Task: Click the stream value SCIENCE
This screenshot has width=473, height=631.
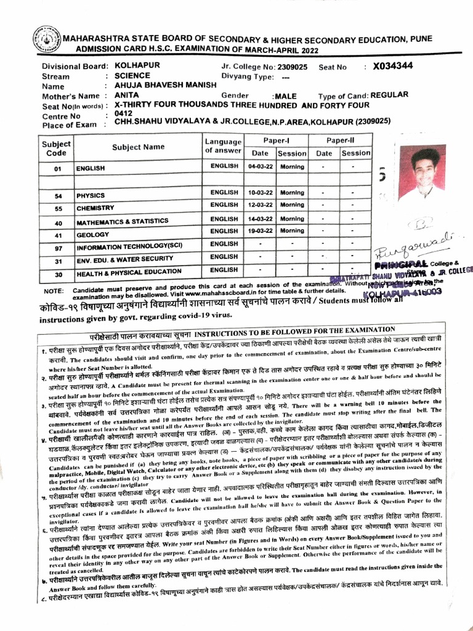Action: point(132,76)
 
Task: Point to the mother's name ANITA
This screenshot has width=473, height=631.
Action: point(127,96)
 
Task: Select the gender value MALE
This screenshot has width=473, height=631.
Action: point(286,96)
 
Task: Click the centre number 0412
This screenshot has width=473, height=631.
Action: point(124,114)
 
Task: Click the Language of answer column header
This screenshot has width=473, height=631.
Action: point(223,146)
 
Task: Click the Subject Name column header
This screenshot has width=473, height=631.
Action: point(139,147)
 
